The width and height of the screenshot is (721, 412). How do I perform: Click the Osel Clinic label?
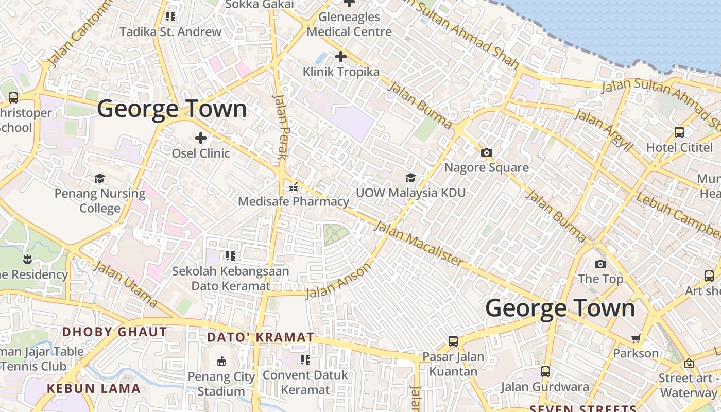coord(201,153)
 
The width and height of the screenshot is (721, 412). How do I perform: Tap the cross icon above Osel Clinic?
coord(201,138)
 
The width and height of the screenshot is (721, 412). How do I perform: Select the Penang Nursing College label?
coord(100,201)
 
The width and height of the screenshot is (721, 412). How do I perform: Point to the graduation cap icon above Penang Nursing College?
coord(99,179)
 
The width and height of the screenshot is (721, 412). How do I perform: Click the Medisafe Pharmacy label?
coord(293,201)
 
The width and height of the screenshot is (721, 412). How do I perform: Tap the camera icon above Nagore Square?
coord(486,152)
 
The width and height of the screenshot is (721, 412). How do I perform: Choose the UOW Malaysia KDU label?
coord(410,193)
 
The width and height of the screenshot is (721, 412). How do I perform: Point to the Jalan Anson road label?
coord(338,281)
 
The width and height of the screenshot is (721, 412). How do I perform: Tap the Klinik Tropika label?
coord(341,72)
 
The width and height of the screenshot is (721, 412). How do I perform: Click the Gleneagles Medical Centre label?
coord(349,24)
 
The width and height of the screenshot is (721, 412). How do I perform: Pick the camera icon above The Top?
coord(600,264)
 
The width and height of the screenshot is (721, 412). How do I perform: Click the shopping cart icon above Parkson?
coord(636,338)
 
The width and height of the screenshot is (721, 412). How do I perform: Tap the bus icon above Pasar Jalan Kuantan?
coord(453,341)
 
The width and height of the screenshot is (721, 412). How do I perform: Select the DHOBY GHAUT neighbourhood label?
coord(114,332)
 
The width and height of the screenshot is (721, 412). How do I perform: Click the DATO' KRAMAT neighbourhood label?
coord(260,337)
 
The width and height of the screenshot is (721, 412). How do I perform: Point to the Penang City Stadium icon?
coord(221,361)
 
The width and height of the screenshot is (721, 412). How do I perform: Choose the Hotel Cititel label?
coord(679,147)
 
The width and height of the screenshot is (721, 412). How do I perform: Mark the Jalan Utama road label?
coord(125,284)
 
